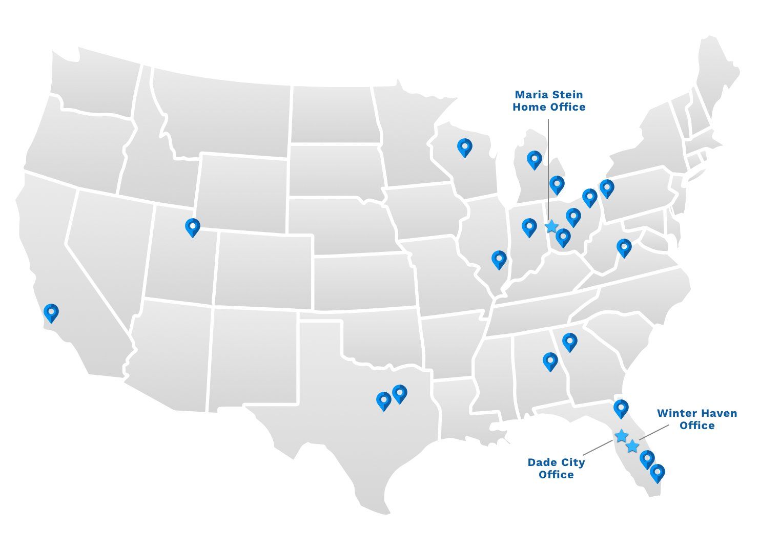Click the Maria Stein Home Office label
tap(548, 101)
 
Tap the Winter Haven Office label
tap(696, 419)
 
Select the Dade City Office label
tap(556, 468)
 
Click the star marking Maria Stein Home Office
tap(551, 226)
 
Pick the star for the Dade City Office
tap(621, 436)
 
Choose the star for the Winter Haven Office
tap(633, 446)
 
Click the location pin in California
tap(51, 312)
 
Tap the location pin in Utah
tap(192, 227)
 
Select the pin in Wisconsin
tap(464, 147)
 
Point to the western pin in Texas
tap(383, 400)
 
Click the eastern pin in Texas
tap(400, 393)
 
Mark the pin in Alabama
tap(550, 361)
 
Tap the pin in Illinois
tap(499, 260)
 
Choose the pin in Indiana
tap(529, 227)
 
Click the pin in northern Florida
tap(621, 409)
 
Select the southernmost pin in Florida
tap(657, 473)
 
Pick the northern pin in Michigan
tap(534, 160)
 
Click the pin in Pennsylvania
tap(607, 188)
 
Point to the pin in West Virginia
tap(624, 248)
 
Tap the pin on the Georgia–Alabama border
tap(569, 342)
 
